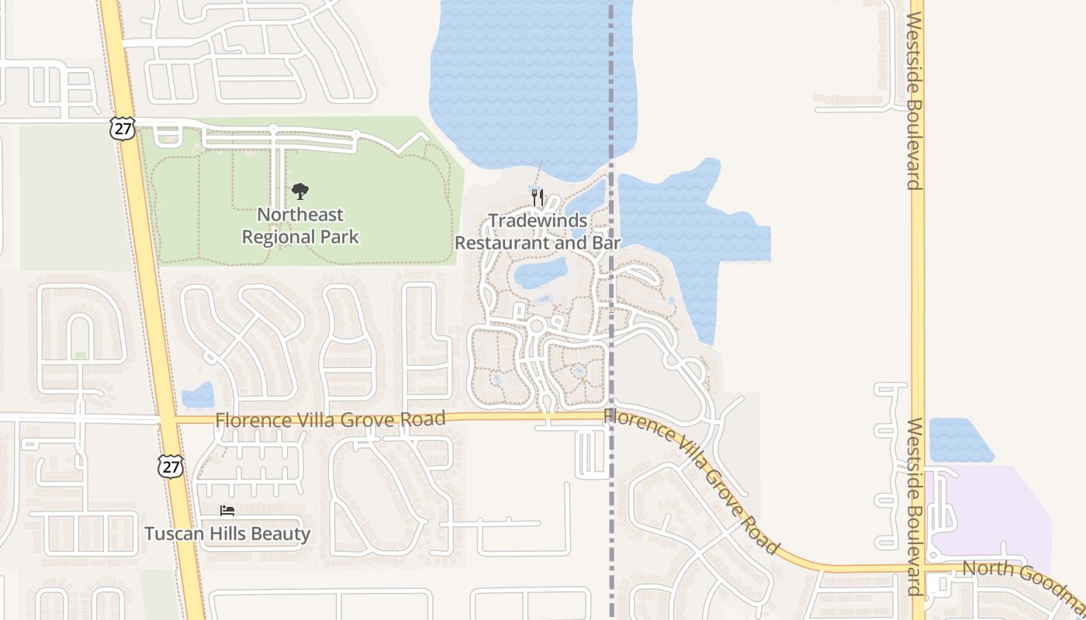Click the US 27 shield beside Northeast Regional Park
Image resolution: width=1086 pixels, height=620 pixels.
pos(123,128)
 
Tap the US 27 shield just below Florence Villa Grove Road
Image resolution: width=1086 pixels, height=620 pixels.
pos(170,465)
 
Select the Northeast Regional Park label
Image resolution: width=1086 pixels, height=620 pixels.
pos(300,226)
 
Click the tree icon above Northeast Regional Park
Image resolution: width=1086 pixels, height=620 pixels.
pos(300,191)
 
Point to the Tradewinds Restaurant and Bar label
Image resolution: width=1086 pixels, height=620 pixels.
pos(538,232)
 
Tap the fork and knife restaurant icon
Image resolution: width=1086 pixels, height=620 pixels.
pos(538,198)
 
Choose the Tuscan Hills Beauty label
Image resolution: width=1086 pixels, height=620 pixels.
pos(227,534)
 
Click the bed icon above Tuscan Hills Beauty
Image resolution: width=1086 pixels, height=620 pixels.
pos(227,510)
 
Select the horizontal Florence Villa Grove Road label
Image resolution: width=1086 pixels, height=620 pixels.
pos(330,419)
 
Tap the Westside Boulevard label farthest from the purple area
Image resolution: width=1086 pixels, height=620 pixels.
pos(916,101)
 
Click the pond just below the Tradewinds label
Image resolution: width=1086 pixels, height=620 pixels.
pos(541,272)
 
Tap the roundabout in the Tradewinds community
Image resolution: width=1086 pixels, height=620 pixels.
pos(536,325)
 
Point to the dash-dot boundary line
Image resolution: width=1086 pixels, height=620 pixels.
pos(611,504)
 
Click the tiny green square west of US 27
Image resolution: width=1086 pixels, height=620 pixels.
pos(80,355)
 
